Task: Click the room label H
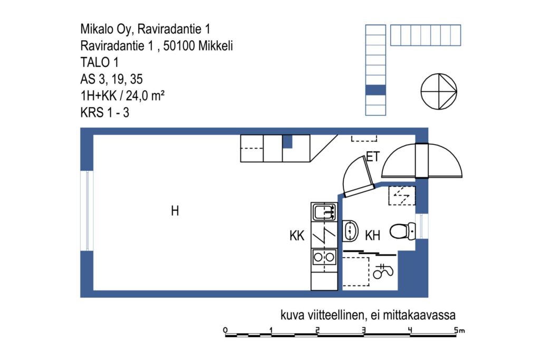[x=175, y=211]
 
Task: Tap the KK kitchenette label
[x=297, y=236]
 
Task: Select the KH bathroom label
[x=372, y=236]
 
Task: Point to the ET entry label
[x=373, y=157]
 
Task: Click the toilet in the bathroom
[x=403, y=231]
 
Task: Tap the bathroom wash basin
[x=350, y=230]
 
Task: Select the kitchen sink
[x=324, y=212]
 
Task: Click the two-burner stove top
[x=324, y=257]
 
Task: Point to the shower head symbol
[x=383, y=271]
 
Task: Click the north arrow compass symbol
[x=439, y=92]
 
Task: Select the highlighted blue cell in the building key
[x=375, y=90]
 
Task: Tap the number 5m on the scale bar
[x=459, y=330]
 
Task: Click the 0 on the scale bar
[x=225, y=330]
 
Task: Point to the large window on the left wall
[x=87, y=211]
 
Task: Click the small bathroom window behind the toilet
[x=421, y=227]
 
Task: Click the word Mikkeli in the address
[x=216, y=46]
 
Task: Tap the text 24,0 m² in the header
[x=145, y=96]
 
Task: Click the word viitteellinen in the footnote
[x=334, y=315]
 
